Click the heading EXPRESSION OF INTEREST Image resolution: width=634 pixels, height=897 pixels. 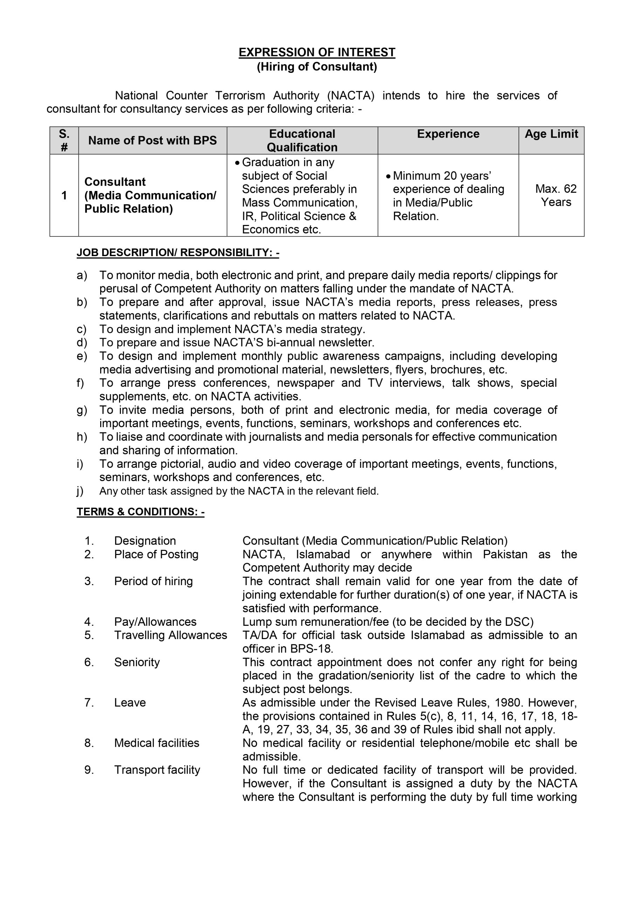coord(317,52)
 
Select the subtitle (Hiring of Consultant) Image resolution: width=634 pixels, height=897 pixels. coord(317,67)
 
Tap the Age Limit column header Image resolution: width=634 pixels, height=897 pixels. coord(551,134)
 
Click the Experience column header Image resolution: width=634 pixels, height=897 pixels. coord(448,134)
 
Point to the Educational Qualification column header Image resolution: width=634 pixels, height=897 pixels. coord(302,141)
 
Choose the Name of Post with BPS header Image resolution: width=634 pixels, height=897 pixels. coord(152,141)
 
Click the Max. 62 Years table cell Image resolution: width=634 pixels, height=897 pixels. coord(556,195)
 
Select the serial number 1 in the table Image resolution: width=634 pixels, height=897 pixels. coord(64,195)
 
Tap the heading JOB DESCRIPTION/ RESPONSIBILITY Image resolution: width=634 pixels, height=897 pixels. coord(178,253)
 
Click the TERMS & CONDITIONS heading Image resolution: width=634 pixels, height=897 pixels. coord(140,512)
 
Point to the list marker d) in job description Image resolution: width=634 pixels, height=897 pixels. coord(82,343)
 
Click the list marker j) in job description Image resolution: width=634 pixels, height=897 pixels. coord(80,491)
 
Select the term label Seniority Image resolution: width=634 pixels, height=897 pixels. coord(137,662)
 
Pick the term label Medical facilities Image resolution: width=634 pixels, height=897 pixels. coord(157,743)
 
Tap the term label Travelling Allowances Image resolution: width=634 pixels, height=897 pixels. coord(170,635)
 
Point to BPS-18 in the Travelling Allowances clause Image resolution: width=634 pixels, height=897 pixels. coord(311,649)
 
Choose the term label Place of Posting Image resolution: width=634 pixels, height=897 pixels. coord(156,554)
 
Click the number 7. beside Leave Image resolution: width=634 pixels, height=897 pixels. coord(89,703)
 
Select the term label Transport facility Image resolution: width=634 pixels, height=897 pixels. coord(157,770)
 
